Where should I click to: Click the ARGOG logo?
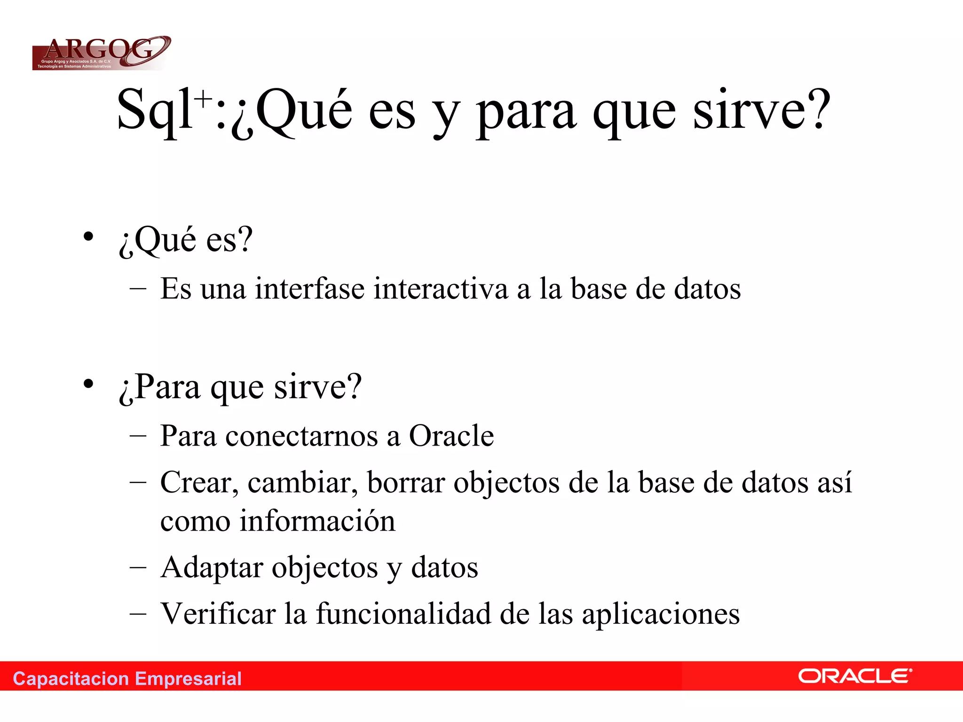point(101,53)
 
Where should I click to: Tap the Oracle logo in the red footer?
point(855,676)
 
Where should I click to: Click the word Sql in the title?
point(154,110)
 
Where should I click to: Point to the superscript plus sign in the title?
point(204,99)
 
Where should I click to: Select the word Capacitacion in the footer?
point(71,679)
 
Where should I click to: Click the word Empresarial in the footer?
point(188,679)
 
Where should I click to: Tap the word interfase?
point(309,289)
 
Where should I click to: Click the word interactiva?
point(441,289)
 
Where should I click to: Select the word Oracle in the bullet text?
point(451,436)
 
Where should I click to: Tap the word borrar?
point(406,483)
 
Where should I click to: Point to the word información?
point(317,521)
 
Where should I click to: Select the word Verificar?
point(218,614)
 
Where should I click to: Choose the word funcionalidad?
point(403,614)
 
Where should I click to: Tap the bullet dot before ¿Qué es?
point(88,236)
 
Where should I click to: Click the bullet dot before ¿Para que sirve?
point(88,384)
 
